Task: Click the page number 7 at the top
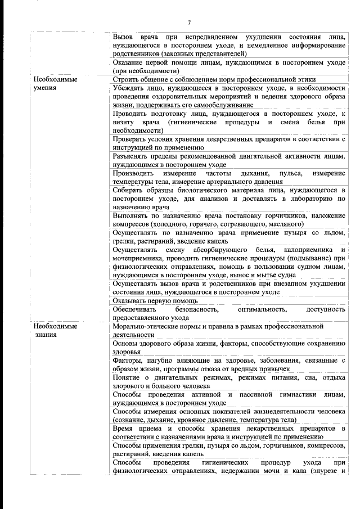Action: [x=189, y=22]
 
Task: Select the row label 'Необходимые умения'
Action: [x=55, y=84]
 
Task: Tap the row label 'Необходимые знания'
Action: [x=55, y=331]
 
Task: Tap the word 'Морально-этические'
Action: [x=147, y=326]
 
